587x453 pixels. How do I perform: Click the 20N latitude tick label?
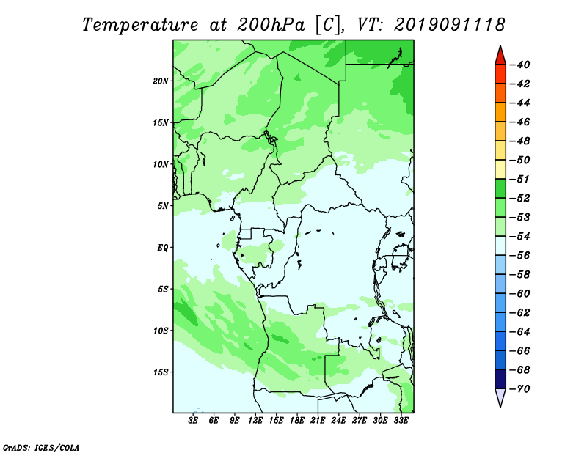coord(161,81)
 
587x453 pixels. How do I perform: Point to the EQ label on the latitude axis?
coord(162,248)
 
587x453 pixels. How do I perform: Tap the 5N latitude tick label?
coord(163,206)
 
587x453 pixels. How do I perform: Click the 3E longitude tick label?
coord(193,421)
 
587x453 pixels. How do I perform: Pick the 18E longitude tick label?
coord(297,421)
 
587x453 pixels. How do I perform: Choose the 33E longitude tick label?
coord(401,421)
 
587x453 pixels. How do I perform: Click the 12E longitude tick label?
coord(255,421)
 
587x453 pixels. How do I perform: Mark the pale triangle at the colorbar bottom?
coord(500,397)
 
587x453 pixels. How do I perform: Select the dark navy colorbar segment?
coord(500,379)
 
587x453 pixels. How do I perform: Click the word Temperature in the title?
coord(140,26)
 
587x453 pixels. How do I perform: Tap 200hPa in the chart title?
coord(271,26)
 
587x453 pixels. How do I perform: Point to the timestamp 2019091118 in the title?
coord(450,25)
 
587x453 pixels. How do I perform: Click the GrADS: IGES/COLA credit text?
coord(41,448)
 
